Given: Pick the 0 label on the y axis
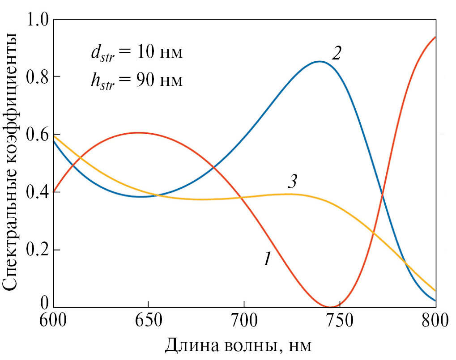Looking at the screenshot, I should (44, 304).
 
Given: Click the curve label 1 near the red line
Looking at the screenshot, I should (267, 258).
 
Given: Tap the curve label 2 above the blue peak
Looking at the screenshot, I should (337, 54).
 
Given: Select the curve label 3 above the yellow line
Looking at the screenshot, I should (292, 182).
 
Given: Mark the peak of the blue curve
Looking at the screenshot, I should (319, 62).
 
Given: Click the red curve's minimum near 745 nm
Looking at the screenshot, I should (331, 307).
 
